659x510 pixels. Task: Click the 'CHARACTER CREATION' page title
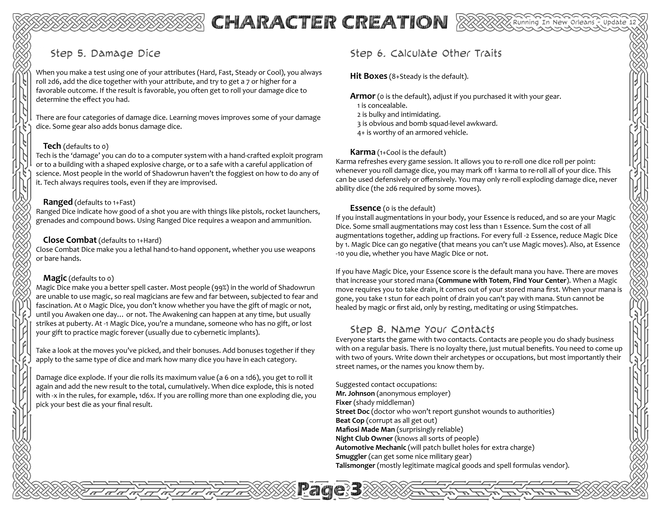coord(329,22)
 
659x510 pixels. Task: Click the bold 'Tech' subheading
coord(52,146)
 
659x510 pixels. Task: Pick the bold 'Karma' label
coord(362,152)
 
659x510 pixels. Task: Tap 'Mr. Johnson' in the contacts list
coord(355,393)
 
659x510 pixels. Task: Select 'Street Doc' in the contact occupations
coord(352,412)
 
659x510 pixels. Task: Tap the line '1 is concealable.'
coord(382,105)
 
